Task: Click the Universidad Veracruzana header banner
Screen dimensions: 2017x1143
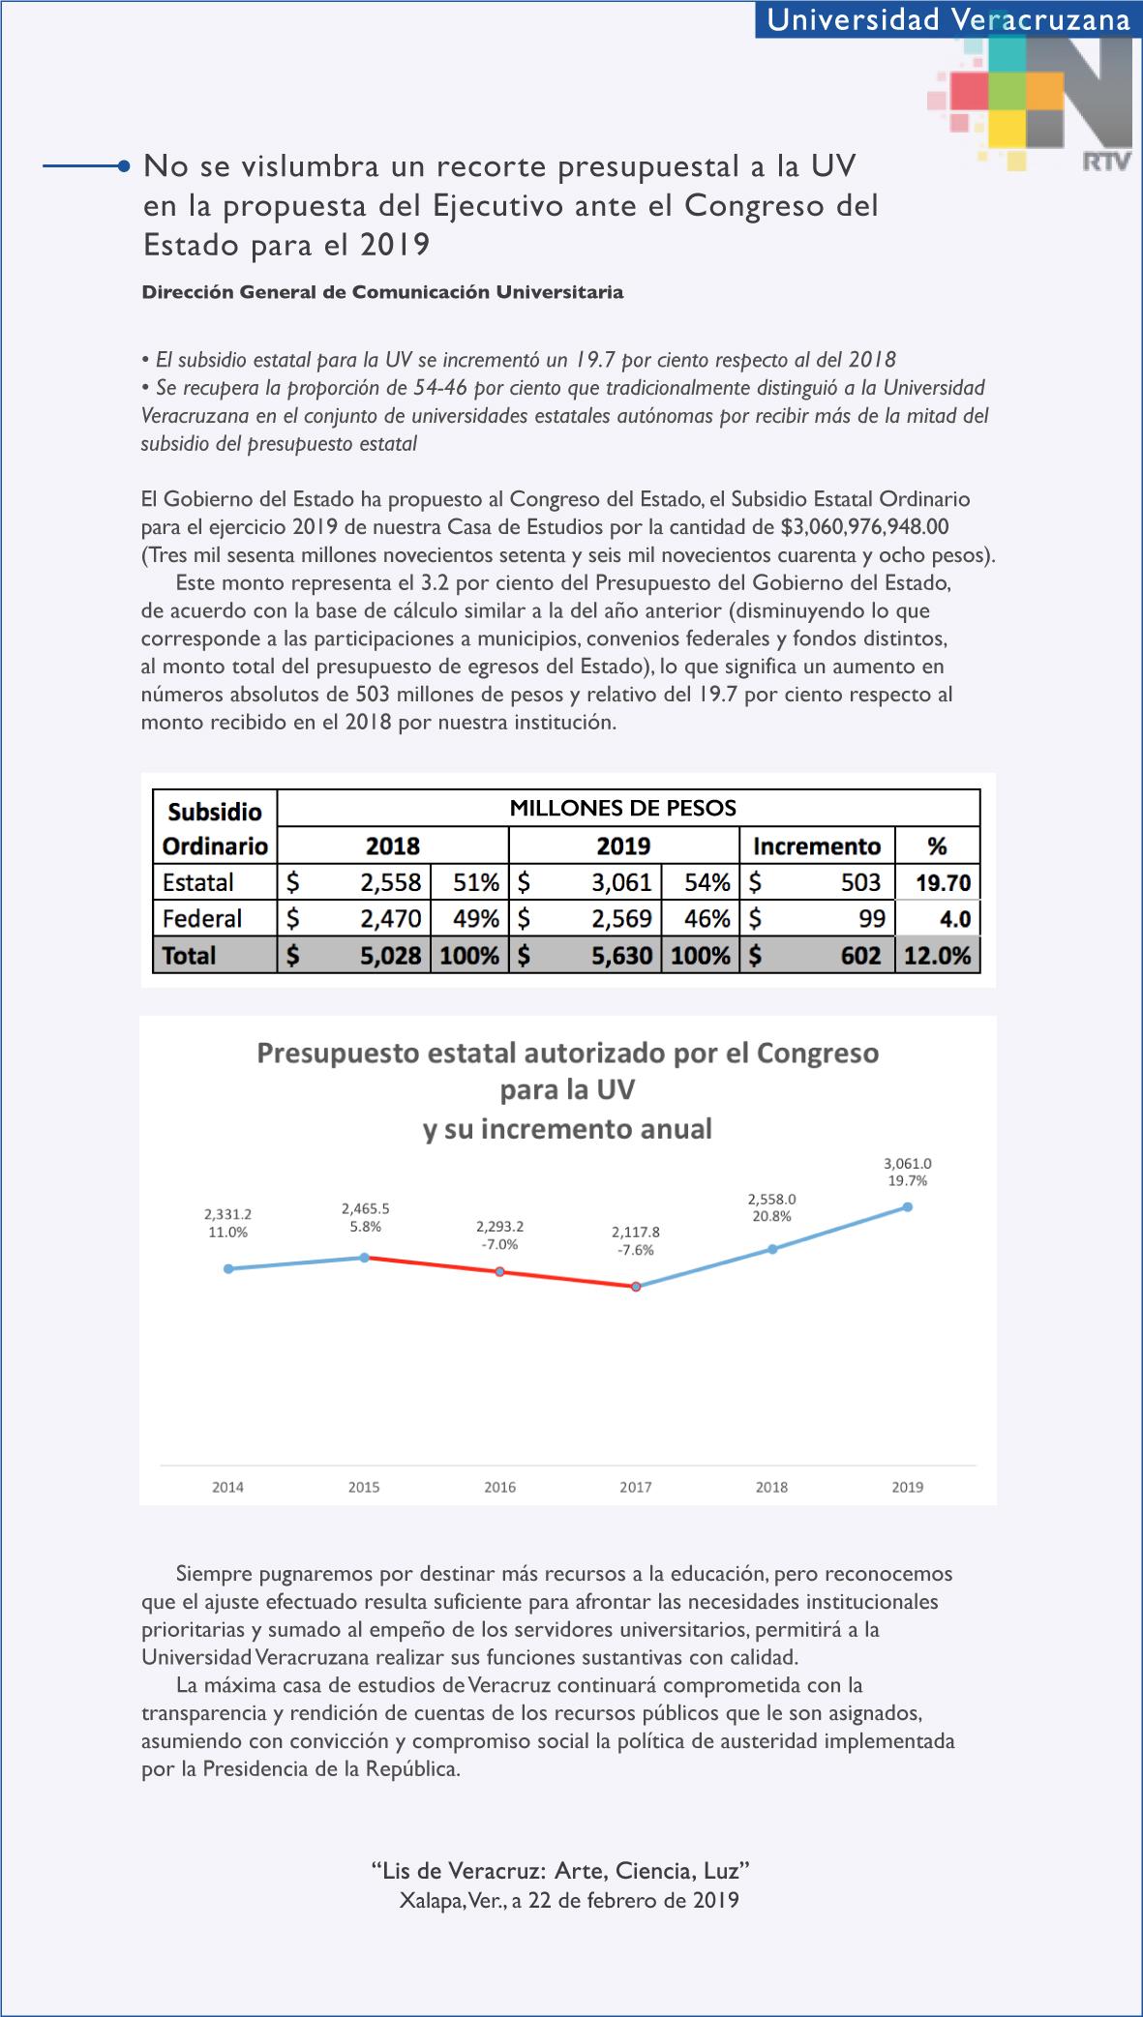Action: pos(947,19)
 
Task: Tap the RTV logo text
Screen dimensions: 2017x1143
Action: pos(1106,163)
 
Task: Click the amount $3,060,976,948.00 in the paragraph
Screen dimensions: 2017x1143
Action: pos(864,527)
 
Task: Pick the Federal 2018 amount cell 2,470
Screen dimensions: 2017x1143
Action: pos(390,918)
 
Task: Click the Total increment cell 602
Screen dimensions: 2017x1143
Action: pos(860,956)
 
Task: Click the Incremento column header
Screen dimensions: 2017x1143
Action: pos(816,846)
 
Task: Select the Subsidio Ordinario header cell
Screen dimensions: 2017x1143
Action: pos(215,828)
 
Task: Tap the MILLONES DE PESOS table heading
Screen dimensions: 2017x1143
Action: pos(622,808)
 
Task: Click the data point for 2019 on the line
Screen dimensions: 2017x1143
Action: pos(907,1206)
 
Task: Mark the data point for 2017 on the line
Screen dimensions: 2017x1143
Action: pos(636,1287)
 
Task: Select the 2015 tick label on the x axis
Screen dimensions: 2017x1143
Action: pos(364,1487)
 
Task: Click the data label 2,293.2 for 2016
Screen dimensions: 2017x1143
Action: pos(499,1227)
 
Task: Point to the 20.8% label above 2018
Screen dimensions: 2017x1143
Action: pos(771,1216)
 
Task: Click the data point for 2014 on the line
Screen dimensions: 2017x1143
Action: pos(228,1268)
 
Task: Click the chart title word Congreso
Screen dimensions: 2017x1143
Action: pos(817,1053)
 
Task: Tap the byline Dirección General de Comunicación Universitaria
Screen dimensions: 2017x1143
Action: pos(382,292)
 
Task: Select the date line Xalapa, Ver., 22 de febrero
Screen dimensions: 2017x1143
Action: pos(569,1900)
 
